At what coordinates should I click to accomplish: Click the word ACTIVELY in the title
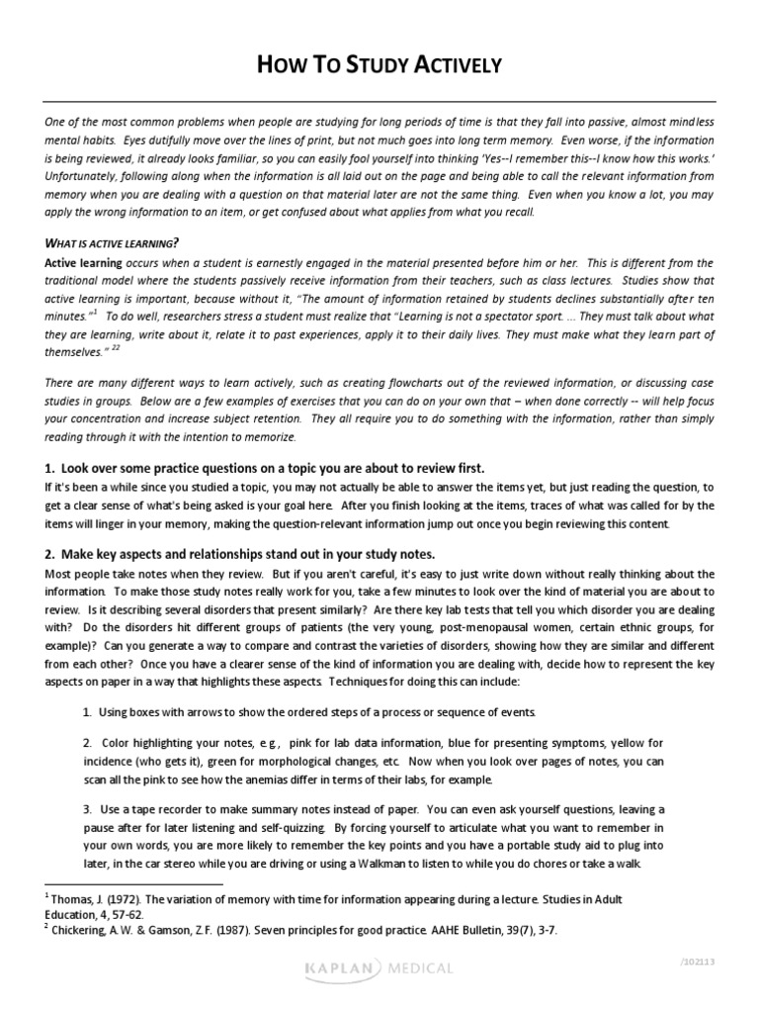[x=459, y=66]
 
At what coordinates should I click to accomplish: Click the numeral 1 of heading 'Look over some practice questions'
[x=48, y=468]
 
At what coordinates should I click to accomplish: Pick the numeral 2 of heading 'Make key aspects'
[x=48, y=553]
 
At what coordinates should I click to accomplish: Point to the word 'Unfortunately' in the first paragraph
[x=83, y=175]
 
